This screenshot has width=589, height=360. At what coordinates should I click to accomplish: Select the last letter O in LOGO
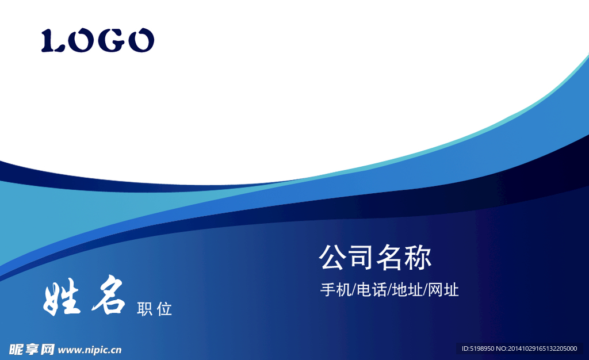click(141, 40)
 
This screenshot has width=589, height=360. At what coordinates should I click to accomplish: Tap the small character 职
click(144, 309)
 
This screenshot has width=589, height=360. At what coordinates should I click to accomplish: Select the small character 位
click(164, 309)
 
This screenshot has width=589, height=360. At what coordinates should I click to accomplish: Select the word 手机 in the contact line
click(335, 290)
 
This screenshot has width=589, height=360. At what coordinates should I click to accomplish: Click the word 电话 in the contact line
click(372, 290)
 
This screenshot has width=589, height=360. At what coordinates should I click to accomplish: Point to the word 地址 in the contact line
click(407, 290)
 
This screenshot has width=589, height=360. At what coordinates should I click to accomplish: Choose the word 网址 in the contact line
click(443, 290)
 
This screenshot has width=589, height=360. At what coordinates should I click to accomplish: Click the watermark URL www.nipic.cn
click(90, 350)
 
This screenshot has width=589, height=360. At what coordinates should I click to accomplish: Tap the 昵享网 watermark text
click(32, 350)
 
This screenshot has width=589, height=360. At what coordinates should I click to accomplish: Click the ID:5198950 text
click(478, 348)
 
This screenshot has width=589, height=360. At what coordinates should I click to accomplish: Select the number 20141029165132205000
click(542, 348)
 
